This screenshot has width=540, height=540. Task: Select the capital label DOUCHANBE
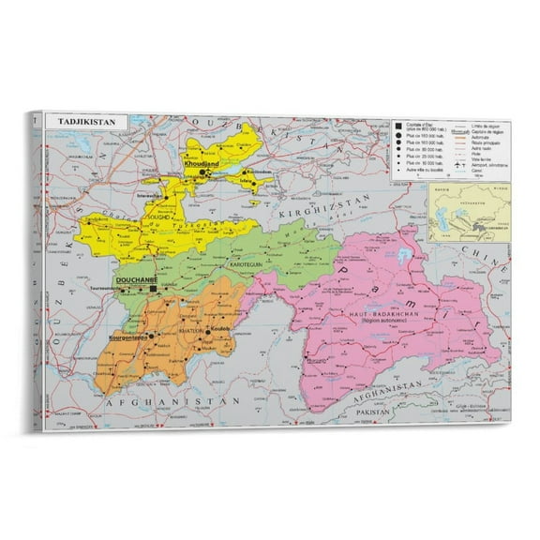click(x=133, y=280)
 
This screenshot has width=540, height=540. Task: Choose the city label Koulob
click(x=217, y=330)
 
